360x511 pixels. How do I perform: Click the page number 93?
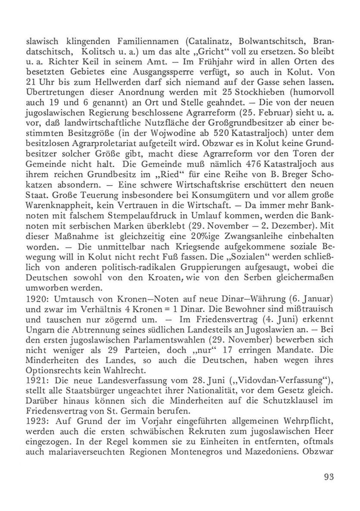[x=329, y=477]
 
